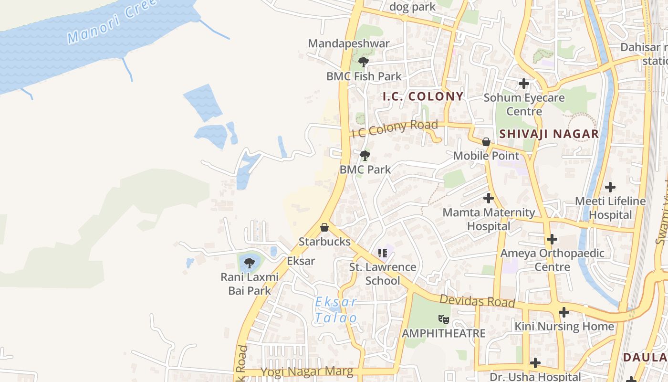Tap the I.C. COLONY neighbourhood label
(423, 96)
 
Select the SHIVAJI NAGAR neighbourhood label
(549, 134)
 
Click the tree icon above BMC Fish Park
(364, 62)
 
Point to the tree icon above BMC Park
(365, 156)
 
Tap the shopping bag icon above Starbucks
(324, 227)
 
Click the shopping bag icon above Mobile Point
(486, 142)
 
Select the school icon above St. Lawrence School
(382, 253)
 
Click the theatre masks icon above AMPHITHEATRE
(444, 318)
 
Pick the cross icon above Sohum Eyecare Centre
(524, 84)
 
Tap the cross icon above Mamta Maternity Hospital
(488, 198)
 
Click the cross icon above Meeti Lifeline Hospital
(610, 187)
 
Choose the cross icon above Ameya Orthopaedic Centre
(552, 239)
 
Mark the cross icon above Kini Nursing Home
(564, 312)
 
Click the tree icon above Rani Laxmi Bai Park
(249, 263)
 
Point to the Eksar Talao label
(336, 310)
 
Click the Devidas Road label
(477, 301)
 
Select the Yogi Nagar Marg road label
(306, 371)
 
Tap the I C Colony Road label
(395, 128)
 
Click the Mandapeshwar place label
(349, 43)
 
